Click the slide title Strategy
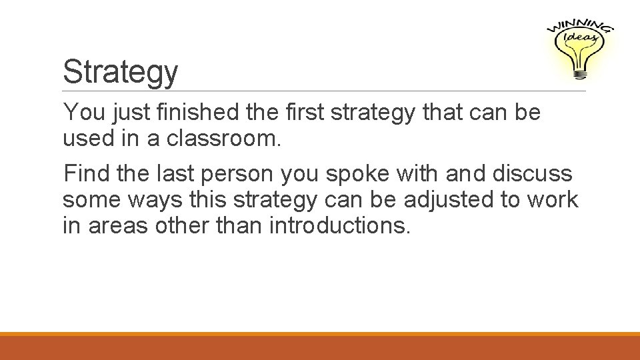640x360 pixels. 120,72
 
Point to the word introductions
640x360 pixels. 340,225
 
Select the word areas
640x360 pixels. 117,226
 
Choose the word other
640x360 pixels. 183,225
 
